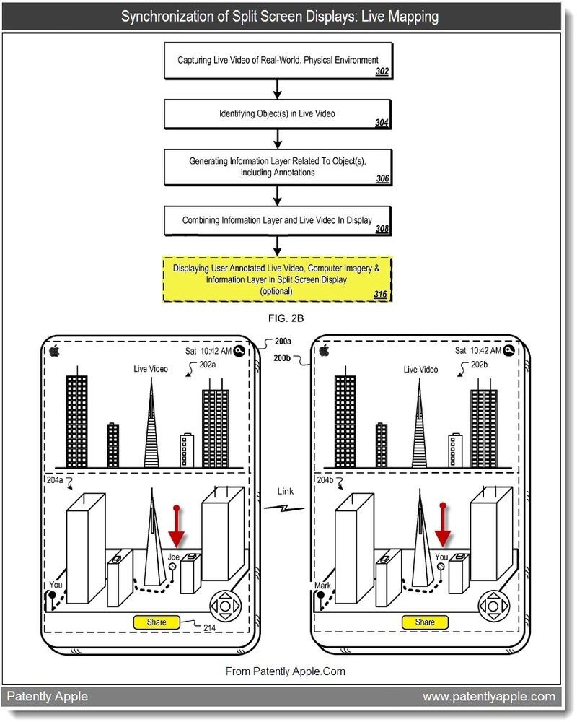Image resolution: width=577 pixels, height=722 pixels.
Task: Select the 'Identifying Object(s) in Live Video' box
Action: click(278, 114)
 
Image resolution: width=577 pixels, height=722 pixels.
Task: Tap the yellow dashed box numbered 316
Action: click(278, 279)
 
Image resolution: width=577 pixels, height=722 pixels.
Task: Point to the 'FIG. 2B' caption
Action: click(278, 316)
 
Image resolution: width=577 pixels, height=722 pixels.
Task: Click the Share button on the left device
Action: click(156, 622)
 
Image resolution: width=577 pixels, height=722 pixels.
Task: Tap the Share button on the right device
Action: click(425, 622)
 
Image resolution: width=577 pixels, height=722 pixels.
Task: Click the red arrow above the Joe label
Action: click(176, 529)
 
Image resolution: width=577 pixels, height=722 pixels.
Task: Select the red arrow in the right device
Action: click(443, 529)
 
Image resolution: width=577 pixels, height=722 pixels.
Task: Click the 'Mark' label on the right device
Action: click(322, 586)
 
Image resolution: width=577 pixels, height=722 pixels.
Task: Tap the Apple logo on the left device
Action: click(53, 351)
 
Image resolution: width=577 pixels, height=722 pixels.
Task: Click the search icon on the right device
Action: click(509, 350)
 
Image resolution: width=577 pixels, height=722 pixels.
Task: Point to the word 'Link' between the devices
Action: click(285, 491)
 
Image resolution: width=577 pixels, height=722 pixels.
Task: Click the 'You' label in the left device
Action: click(56, 585)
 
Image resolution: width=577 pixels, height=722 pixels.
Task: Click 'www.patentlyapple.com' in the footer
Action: click(488, 696)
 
